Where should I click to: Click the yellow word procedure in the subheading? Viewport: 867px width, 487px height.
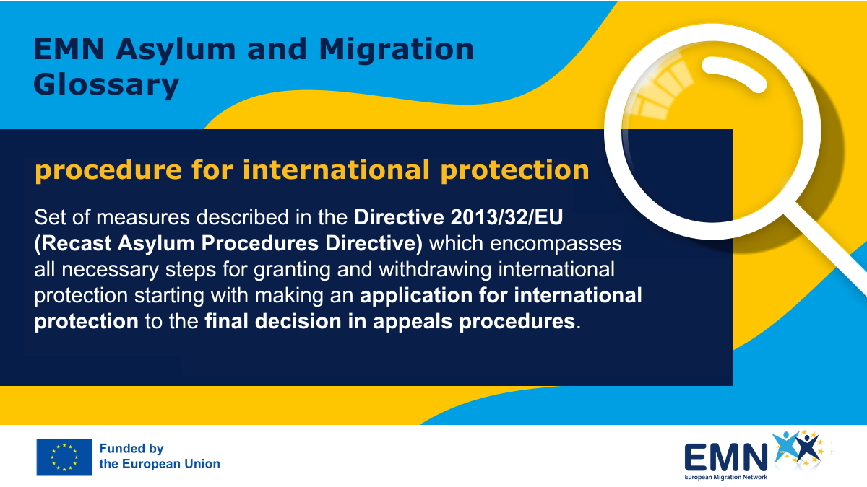point(108,171)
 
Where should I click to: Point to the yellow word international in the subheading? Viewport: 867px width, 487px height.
point(336,170)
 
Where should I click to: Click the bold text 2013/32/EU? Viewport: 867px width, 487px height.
point(506,217)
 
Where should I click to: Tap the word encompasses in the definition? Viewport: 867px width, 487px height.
point(556,245)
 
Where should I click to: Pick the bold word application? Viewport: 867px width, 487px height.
point(416,296)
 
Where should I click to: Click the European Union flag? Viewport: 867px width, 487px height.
point(64,457)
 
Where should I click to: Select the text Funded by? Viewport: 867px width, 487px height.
point(131,449)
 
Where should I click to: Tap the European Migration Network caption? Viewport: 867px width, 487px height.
point(725,478)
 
